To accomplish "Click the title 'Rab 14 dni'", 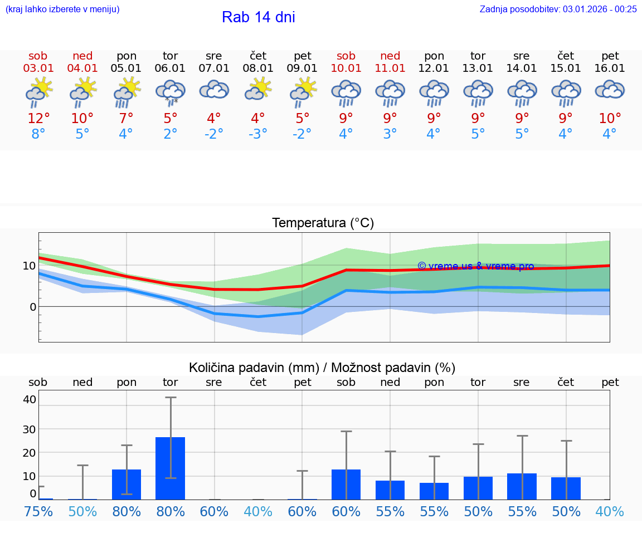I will pyautogui.click(x=258, y=17).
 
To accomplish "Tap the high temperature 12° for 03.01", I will pyautogui.click(x=38, y=119).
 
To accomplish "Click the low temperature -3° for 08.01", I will pyautogui.click(x=258, y=134).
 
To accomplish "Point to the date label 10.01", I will pyautogui.click(x=346, y=69).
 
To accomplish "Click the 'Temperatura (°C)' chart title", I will pyautogui.click(x=323, y=223).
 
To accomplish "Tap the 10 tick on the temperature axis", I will pyautogui.click(x=29, y=266).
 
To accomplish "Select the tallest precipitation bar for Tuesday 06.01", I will pyautogui.click(x=170, y=468).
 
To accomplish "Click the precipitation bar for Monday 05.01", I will pyautogui.click(x=127, y=484).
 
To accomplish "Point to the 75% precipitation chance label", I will pyautogui.click(x=38, y=512).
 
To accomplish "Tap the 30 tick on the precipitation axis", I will pyautogui.click(x=29, y=429).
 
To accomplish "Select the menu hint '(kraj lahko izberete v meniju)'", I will pyautogui.click(x=62, y=9).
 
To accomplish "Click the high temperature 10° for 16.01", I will pyautogui.click(x=610, y=119).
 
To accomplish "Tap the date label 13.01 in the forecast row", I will pyautogui.click(x=478, y=69).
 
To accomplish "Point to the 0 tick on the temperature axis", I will pyautogui.click(x=32, y=307).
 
